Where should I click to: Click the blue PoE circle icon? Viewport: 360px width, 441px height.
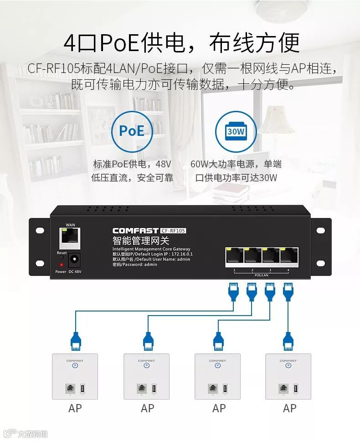[132, 131]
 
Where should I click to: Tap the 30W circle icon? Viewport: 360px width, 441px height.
[236, 131]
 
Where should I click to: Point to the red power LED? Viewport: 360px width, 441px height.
[61, 264]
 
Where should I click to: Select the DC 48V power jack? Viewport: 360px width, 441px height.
[74, 260]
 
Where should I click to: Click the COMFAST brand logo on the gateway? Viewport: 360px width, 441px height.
[135, 231]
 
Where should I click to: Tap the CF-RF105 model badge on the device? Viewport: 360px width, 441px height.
[174, 231]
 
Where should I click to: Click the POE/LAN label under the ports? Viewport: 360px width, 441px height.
[261, 275]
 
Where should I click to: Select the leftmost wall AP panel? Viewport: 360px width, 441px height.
[75, 376]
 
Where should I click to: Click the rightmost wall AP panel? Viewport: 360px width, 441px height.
[288, 376]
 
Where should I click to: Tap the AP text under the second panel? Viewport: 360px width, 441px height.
[147, 409]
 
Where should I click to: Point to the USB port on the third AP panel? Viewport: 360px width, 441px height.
[224, 389]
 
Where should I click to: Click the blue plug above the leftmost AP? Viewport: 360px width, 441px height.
[75, 340]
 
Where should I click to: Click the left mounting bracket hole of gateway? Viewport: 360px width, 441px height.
[39, 230]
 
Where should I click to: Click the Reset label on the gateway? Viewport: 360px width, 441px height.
[62, 253]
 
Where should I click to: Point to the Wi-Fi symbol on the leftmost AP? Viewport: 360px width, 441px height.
[75, 365]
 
